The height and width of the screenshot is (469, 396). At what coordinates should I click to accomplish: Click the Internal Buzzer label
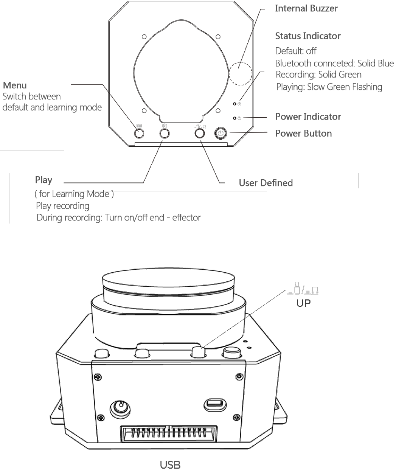coord(306,9)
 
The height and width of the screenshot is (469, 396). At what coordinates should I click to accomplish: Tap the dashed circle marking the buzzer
coord(241,62)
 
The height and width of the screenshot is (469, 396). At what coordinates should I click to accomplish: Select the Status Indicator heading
coord(308,36)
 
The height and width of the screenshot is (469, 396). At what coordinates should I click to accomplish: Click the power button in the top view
coord(221,134)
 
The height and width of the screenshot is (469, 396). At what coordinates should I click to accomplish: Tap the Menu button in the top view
coord(139,134)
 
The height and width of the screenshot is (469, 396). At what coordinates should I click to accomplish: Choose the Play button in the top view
coord(165,134)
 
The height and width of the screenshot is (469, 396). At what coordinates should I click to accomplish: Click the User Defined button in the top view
coord(200,134)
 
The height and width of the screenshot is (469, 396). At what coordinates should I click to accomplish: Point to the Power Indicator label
coord(308,116)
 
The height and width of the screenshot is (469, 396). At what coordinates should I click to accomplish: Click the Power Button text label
coord(303,134)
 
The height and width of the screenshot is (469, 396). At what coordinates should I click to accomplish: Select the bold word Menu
coord(15,85)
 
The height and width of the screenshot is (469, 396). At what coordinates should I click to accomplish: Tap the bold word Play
coord(43,180)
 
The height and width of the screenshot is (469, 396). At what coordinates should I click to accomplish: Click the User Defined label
coord(266,183)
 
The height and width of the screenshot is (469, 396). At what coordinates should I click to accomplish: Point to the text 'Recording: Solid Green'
coord(318,75)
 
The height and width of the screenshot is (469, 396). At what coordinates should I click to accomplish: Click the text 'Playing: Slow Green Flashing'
coord(329,87)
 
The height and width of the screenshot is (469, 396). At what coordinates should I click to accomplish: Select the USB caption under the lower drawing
coord(170,465)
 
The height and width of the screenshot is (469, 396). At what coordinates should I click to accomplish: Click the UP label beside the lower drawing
coord(303,303)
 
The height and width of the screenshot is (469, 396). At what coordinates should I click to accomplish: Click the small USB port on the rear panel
coord(215,405)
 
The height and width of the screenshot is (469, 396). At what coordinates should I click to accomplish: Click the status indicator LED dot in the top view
coord(234,104)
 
